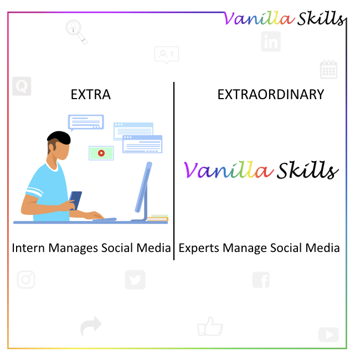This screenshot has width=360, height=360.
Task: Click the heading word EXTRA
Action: pos(91,95)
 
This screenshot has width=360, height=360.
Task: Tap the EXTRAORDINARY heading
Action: pos(270,95)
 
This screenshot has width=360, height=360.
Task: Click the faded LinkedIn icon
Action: pos(271,41)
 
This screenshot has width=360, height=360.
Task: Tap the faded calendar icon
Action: pos(328,70)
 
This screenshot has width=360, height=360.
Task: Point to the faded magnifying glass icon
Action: pos(76,30)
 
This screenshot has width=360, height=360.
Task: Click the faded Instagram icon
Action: pos(25,279)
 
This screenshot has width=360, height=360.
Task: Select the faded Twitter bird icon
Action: pos(135,279)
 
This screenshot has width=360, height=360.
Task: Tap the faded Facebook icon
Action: pos(261,280)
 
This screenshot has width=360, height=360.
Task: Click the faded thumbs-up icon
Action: pos(209,326)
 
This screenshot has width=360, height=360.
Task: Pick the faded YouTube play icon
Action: pos(328,335)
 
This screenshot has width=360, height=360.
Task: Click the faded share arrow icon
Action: pos(91,326)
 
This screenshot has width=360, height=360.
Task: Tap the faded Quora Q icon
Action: pos(22,86)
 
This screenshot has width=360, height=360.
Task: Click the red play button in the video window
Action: pos(101,153)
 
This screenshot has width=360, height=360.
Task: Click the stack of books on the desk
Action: pos(158,218)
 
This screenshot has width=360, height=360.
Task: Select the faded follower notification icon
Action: pos(166,55)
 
